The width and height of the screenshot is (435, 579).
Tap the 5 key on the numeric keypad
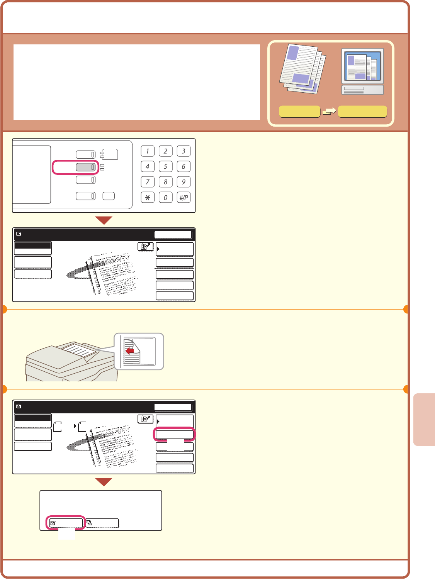[165, 166]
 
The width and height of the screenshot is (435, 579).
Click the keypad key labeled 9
[184, 182]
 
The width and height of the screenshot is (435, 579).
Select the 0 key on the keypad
[165, 197]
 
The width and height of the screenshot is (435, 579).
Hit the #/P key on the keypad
[184, 197]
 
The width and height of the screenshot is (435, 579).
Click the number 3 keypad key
[184, 151]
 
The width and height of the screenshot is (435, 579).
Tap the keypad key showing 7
[148, 182]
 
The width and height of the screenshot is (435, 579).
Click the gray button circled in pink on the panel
[85, 167]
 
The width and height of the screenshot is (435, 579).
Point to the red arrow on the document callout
[129, 351]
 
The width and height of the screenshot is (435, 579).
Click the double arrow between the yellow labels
[329, 111]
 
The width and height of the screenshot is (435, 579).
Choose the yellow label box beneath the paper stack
[299, 112]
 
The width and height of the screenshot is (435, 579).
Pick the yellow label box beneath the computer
[362, 112]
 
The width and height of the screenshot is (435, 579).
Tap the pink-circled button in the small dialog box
[66, 523]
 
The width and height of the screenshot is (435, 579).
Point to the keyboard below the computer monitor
[362, 90]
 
